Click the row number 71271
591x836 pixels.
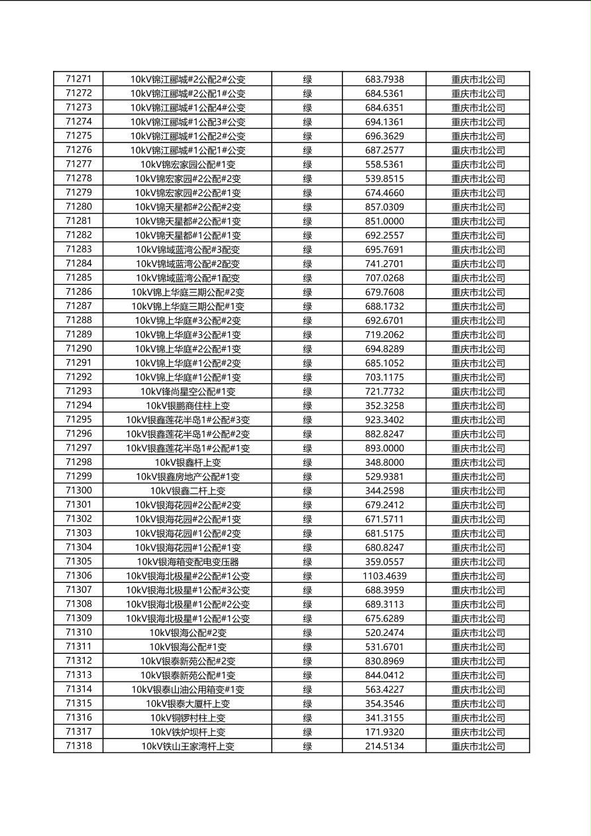(78, 79)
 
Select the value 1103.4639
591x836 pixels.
(384, 576)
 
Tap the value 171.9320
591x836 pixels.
(384, 732)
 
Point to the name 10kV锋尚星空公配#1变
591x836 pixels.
(188, 392)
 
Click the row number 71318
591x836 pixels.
(78, 746)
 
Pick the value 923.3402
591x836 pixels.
(384, 420)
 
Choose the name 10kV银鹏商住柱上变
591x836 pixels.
(188, 405)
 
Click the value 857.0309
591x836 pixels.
(384, 207)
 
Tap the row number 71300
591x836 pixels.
(78, 491)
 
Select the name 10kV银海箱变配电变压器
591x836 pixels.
(188, 562)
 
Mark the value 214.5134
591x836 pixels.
(384, 746)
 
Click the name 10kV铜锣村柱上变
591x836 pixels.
(188, 718)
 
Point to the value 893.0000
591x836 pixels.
(384, 448)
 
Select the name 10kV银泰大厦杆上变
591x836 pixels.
(188, 704)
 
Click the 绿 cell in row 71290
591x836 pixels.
(307, 349)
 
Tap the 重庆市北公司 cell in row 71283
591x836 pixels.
(478, 250)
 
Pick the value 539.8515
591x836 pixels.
(384, 178)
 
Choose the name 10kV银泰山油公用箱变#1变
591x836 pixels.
(188, 690)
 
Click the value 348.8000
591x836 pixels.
(384, 462)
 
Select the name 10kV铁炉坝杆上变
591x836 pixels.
(188, 732)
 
